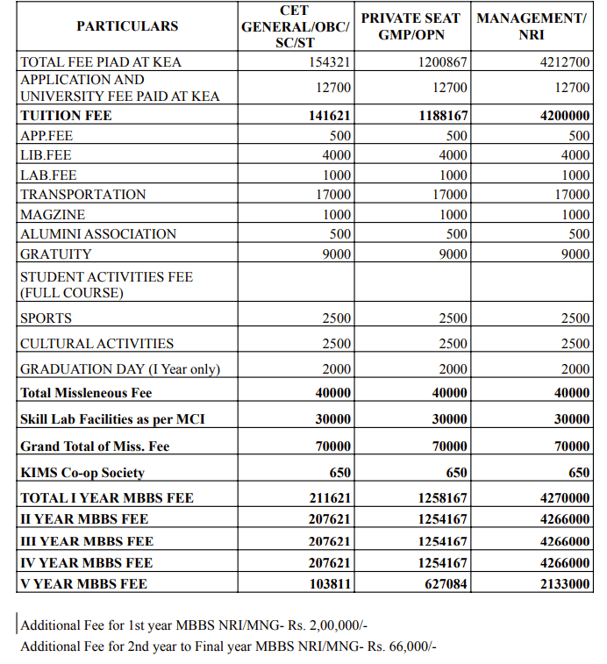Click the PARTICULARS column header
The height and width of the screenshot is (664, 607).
(127, 26)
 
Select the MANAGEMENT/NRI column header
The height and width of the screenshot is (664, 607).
(532, 26)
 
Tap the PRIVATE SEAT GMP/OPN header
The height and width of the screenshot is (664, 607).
(413, 26)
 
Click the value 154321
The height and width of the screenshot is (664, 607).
(330, 62)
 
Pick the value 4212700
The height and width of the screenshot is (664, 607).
(565, 62)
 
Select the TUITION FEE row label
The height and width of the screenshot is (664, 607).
(66, 116)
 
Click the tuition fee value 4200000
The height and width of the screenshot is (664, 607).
(565, 116)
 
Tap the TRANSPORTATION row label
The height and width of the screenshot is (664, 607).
(83, 195)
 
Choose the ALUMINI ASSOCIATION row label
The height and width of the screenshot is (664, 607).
(98, 234)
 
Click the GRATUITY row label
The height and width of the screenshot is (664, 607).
(55, 254)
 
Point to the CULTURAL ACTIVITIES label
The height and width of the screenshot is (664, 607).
(97, 344)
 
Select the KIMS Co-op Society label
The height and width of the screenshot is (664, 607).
(82, 473)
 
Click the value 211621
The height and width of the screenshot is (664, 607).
(330, 498)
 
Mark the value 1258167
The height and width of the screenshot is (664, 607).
(443, 498)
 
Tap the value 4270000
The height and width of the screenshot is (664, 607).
(565, 498)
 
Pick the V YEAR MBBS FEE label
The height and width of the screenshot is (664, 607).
(83, 583)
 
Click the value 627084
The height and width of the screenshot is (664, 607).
(446, 583)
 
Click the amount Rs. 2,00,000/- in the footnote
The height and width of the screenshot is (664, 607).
(334, 626)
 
